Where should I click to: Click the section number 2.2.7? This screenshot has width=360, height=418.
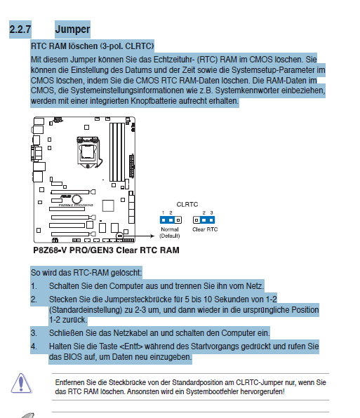coord(20,29)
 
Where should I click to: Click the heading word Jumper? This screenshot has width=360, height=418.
coord(72,29)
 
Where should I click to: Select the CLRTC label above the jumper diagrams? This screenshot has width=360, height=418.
coord(187,205)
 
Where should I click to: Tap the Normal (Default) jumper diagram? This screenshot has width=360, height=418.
coord(171,220)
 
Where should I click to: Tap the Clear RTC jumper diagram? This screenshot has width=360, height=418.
coord(204,220)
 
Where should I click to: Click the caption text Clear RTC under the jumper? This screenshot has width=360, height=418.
coord(205,229)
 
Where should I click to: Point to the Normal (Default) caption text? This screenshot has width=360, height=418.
coord(170,232)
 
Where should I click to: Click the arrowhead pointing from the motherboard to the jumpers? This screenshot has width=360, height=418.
coord(152,236)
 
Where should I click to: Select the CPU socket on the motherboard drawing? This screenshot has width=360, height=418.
coord(88,152)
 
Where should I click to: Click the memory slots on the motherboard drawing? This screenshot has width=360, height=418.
coord(117,152)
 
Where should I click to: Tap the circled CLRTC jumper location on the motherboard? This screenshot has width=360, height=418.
coord(120,236)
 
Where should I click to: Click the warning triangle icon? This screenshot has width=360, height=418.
coord(21,384)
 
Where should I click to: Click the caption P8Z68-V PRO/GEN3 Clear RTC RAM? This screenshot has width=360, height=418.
coord(106,250)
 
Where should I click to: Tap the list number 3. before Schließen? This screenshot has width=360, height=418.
coord(34,333)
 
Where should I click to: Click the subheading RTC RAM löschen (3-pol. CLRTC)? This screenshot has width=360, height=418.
coord(92,46)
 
